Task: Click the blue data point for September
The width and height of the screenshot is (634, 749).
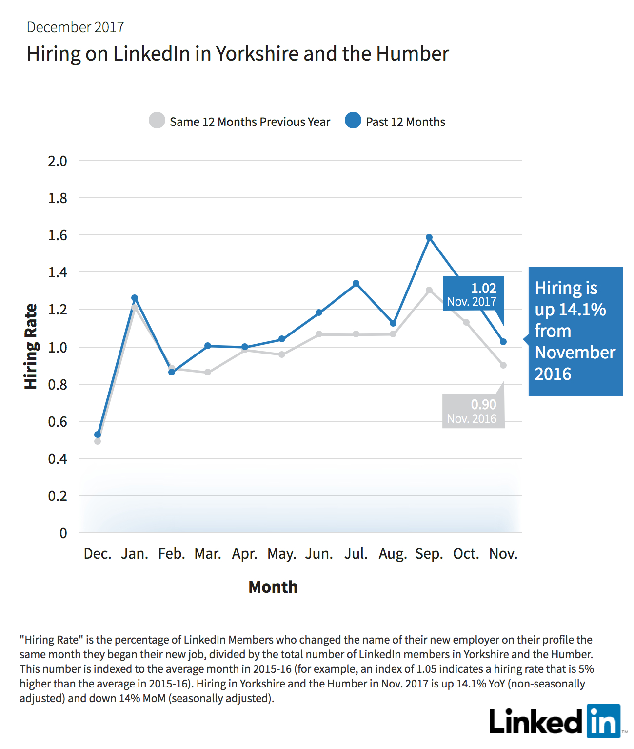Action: [429, 237]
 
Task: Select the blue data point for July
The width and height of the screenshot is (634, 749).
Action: [356, 283]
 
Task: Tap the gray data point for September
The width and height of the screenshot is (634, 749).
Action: [429, 290]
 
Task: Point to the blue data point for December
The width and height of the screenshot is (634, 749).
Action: [98, 435]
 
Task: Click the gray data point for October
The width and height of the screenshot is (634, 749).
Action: [466, 322]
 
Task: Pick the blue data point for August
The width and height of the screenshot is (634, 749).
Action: [393, 323]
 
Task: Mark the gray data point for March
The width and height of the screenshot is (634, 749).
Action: [208, 372]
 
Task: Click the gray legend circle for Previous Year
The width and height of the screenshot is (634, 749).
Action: [157, 120]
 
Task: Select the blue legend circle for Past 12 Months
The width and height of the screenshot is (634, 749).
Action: [353, 120]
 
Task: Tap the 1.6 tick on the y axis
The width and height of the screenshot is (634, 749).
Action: [58, 235]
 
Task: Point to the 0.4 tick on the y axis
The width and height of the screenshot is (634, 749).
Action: [58, 459]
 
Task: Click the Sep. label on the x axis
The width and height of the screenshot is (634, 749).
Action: [429, 554]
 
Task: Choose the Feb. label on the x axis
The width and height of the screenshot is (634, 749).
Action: [172, 554]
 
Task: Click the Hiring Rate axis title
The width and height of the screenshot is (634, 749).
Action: [31, 346]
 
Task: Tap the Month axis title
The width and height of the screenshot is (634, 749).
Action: [273, 587]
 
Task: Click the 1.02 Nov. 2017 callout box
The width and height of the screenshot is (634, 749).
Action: [474, 293]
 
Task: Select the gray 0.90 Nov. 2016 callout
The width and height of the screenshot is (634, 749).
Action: [474, 411]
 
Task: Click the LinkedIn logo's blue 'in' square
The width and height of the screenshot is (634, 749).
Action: [604, 721]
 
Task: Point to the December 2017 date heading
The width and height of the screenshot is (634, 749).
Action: [75, 27]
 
